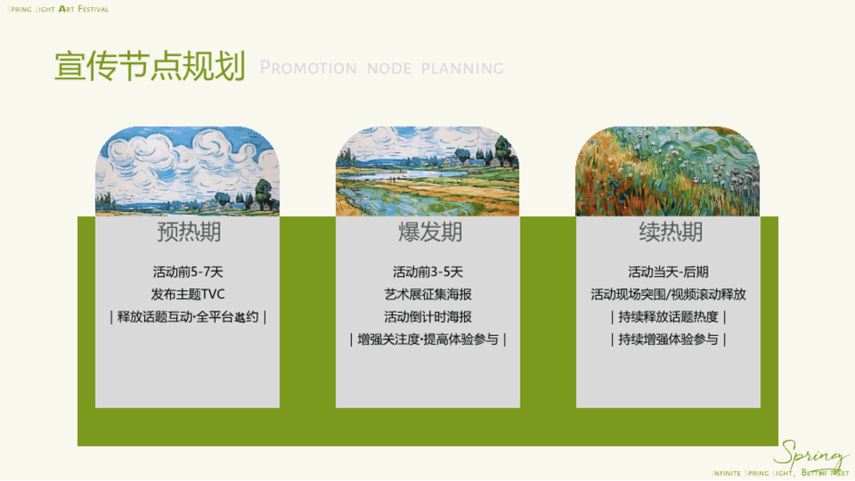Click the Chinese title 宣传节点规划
[150, 66]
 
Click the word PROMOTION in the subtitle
[308, 68]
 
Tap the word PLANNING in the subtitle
[462, 68]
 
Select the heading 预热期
[189, 232]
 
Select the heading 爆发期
[430, 232]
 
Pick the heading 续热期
[671, 232]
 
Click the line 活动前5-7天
[188, 272]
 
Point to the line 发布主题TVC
[188, 294]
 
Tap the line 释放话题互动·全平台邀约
[188, 317]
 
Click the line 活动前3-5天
[428, 272]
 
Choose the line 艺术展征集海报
[428, 294]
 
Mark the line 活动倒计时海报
[428, 317]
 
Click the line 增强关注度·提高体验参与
[428, 339]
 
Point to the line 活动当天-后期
[668, 272]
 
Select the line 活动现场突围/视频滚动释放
[668, 294]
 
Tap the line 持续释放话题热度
[668, 317]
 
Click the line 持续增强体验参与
[668, 339]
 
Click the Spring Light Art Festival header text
[58, 9]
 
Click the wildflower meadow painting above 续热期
[668, 171]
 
